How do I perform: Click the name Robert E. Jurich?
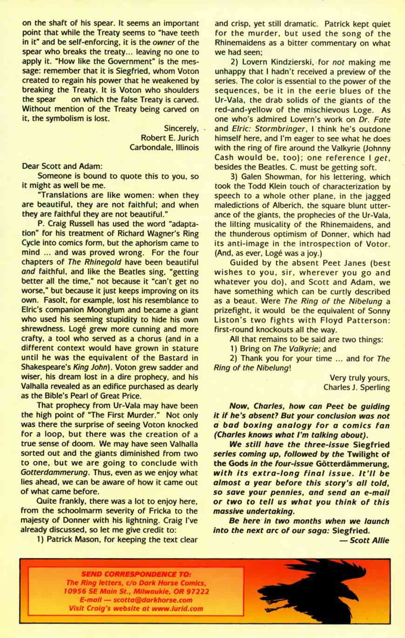[169, 138]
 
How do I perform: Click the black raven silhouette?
[310, 590]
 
